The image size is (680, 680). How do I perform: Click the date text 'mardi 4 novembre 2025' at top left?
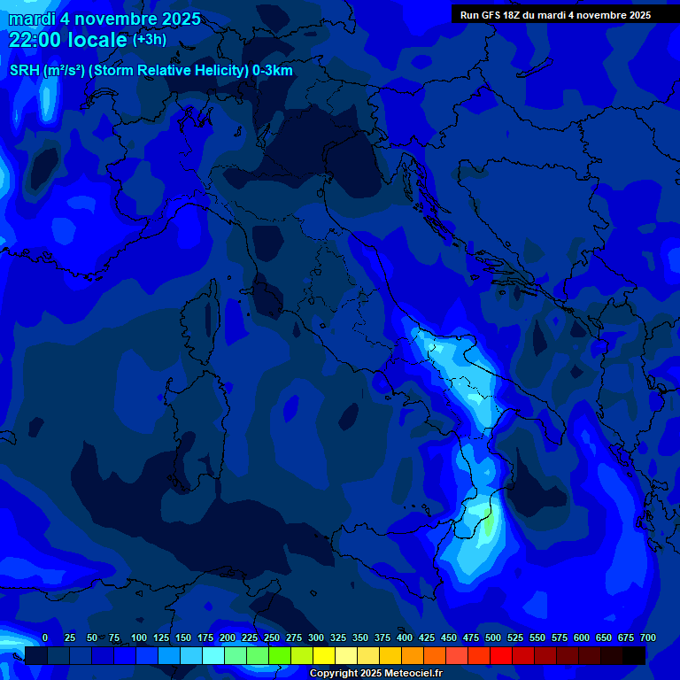click(x=104, y=19)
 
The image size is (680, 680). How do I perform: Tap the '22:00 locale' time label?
click(x=68, y=40)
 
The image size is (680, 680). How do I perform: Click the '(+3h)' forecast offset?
click(x=150, y=40)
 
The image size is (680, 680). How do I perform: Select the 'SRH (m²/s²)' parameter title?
click(x=47, y=71)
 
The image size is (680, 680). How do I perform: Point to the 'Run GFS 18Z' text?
click(x=490, y=15)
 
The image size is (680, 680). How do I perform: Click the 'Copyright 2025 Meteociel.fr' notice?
click(x=375, y=673)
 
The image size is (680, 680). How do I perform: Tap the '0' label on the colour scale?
click(x=45, y=637)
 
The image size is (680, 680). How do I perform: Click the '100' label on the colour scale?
click(x=139, y=637)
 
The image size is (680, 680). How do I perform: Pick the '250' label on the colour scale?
click(x=272, y=637)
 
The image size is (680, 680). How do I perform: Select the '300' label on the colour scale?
click(x=316, y=637)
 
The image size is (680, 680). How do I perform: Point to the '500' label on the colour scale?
click(x=493, y=637)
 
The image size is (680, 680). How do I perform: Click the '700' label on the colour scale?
click(x=647, y=637)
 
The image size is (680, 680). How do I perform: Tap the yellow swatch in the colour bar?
click(x=324, y=655)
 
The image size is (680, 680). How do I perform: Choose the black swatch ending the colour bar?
click(x=634, y=655)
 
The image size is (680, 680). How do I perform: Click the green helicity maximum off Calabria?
click(x=488, y=524)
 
